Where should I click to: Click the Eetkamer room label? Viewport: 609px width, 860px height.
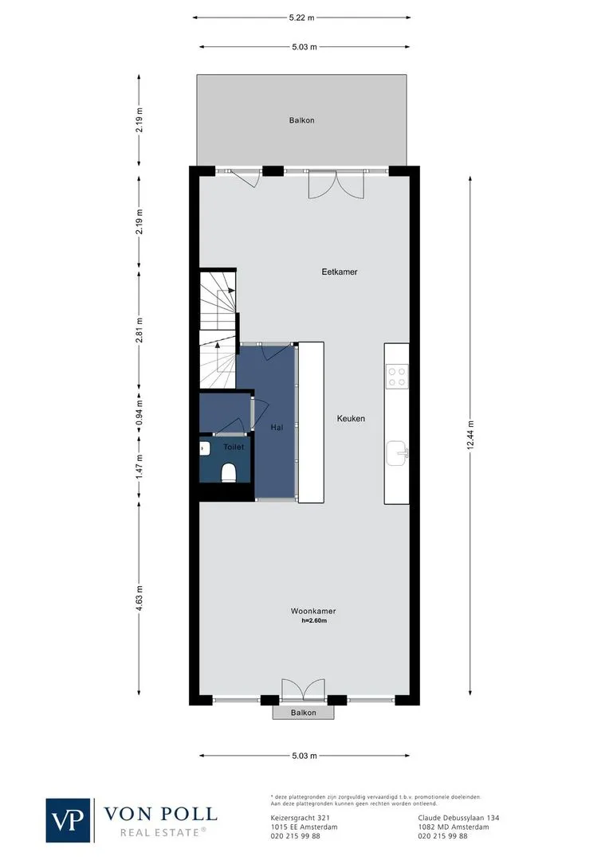pos(340,272)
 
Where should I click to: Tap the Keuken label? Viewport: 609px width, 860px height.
pos(351,419)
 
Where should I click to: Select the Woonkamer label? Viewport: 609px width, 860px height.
pos(313,611)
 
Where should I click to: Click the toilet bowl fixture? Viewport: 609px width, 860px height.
pos(228,472)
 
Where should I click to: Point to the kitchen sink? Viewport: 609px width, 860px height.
pos(396,454)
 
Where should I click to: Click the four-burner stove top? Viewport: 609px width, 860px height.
pos(396,376)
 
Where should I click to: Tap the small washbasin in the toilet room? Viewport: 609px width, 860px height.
pos(204,448)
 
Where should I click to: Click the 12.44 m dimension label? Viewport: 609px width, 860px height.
pos(470,435)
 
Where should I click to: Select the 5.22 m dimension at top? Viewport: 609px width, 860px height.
pos(301,18)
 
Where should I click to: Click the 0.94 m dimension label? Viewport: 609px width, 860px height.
pos(139,414)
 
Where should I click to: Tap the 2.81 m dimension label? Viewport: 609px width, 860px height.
pos(139,330)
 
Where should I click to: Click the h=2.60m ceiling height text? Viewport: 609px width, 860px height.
pos(314,621)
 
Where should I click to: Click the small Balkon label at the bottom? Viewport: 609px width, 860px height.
pos(304,713)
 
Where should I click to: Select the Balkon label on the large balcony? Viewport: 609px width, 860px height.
pos(302,120)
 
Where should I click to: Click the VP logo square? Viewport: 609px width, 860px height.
pos(68,820)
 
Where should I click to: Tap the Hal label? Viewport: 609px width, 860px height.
pos(277,428)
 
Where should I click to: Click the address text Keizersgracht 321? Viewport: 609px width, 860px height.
pos(301,818)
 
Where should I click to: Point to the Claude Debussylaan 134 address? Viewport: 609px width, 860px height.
pos(458,818)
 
